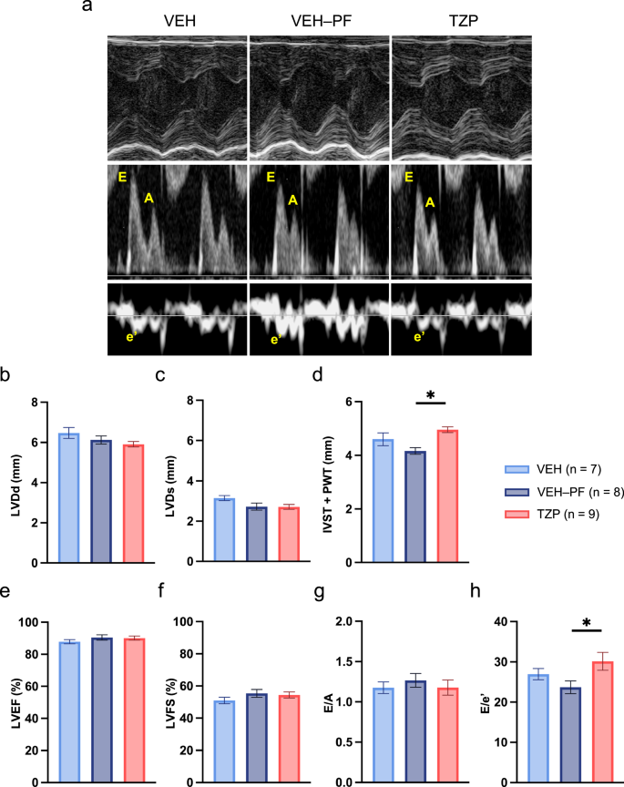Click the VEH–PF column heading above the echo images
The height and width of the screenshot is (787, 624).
322,21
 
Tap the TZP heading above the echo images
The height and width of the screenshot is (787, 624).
464,21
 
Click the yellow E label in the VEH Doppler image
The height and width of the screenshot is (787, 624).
122,177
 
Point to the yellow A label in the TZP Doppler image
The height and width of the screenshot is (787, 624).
430,202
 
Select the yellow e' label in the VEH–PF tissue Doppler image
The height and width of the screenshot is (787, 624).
276,340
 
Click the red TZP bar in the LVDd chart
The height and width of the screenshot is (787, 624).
134,504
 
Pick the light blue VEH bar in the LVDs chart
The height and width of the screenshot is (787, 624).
224,530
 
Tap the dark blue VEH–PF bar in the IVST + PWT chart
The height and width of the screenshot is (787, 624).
415,506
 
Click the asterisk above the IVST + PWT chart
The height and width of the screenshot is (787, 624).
430,395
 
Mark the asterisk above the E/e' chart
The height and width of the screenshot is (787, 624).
587,623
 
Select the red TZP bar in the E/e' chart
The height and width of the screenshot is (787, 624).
603,721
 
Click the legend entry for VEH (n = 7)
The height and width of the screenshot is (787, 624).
553,469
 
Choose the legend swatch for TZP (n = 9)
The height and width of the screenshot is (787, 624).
517,514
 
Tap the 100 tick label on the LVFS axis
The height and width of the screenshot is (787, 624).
184,621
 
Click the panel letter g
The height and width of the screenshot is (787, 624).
319,592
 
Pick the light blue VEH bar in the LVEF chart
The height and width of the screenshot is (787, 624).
69,711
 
